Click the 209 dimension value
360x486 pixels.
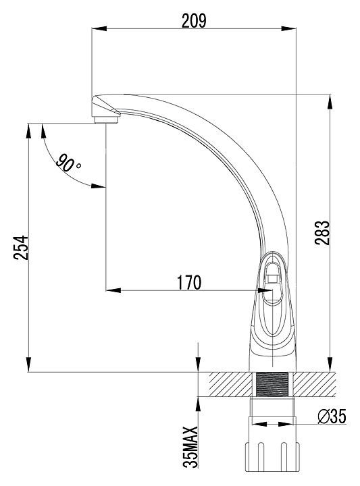[x=193, y=21]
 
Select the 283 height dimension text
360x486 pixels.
[x=322, y=233]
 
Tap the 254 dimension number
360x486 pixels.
[x=20, y=248]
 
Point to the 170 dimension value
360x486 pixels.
[x=188, y=282]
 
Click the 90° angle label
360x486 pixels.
[x=68, y=162]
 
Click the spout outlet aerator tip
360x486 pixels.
[x=106, y=119]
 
